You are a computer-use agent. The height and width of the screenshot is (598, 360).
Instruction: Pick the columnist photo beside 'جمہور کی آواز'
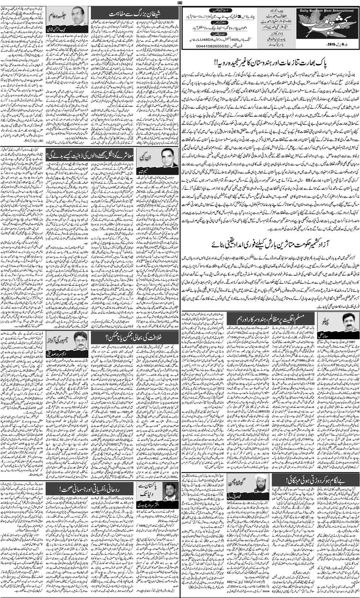tap(80, 339)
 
